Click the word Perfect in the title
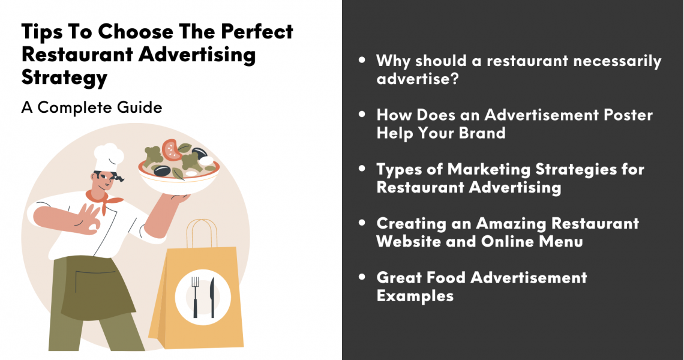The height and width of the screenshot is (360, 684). pos(257,31)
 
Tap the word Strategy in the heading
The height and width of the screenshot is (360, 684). pos(64,77)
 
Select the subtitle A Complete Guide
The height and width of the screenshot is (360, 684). pos(92,107)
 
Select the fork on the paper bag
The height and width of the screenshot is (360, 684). pos(195,297)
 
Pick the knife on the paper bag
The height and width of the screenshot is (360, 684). pos(212,297)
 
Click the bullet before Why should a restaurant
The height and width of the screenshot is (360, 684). pos(362,60)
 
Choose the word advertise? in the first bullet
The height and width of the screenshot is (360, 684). pos(418,79)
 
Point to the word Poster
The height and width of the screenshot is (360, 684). pos(628,115)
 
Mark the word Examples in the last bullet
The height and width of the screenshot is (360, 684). pos(415,296)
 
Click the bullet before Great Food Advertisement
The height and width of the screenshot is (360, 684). pos(362,277)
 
